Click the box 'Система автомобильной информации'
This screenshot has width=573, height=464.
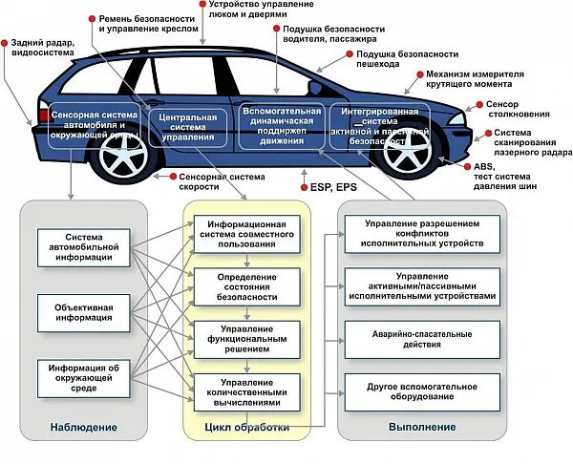coord(84,247)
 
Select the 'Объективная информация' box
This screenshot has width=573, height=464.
coord(84,313)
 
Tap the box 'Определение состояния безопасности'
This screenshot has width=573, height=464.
coord(247,286)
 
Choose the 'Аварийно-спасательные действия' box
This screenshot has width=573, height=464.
coord(422,340)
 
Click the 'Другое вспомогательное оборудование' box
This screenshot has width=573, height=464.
coord(422,392)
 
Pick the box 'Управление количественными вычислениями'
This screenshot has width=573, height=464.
coord(247,392)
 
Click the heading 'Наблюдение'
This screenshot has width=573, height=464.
coord(84,427)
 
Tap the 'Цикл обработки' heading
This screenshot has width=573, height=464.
coord(247,427)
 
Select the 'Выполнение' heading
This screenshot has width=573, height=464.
coord(422,427)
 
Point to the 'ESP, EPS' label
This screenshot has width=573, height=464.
coord(333,187)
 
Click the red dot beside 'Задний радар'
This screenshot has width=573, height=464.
coord(5,43)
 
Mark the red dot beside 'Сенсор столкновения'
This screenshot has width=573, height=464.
coord(479,105)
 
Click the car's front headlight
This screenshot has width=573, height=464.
coord(456,118)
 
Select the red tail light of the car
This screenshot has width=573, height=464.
coord(45,116)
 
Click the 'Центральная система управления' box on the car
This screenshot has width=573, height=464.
coord(188,128)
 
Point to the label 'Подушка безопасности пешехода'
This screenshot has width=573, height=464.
coord(407,59)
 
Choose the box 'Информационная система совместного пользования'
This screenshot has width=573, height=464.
coord(247,234)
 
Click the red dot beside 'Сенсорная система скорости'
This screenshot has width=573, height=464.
coord(173,177)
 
